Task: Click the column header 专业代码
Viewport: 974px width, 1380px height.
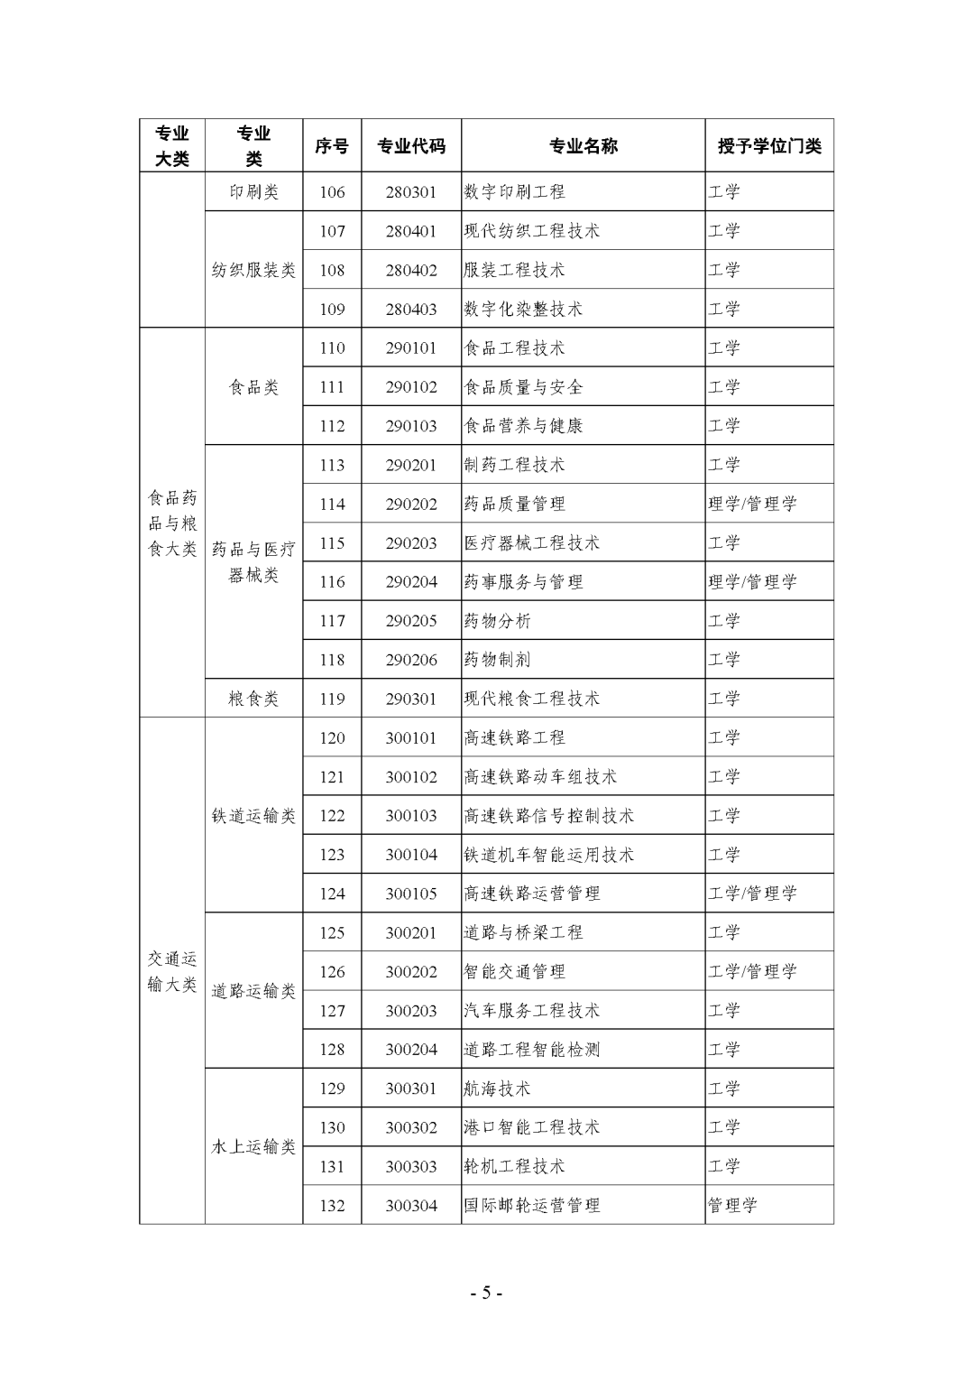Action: click(411, 146)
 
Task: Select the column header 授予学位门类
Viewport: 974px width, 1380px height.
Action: click(769, 146)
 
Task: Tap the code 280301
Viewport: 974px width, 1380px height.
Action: click(411, 192)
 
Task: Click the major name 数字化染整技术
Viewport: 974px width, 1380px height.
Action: click(523, 310)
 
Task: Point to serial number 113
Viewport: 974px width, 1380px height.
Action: click(332, 466)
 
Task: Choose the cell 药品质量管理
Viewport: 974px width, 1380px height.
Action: click(514, 505)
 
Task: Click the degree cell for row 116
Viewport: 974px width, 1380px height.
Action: click(752, 582)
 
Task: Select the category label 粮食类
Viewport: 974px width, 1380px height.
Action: click(253, 699)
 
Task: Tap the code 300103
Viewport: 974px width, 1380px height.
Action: click(411, 816)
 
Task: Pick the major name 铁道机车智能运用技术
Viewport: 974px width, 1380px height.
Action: click(548, 855)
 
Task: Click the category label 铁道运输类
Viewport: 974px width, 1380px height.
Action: click(253, 816)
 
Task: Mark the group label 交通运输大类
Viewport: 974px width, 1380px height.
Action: click(172, 971)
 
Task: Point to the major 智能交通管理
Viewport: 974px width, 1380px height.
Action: click(514, 972)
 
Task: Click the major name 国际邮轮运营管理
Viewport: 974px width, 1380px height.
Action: click(531, 1206)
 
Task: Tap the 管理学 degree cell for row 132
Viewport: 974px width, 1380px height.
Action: click(732, 1206)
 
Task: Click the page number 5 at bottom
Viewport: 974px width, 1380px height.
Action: click(486, 1292)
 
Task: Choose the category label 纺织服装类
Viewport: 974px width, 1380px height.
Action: click(253, 270)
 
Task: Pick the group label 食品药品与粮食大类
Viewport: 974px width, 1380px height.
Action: click(172, 523)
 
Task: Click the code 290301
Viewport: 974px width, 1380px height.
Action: click(411, 699)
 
